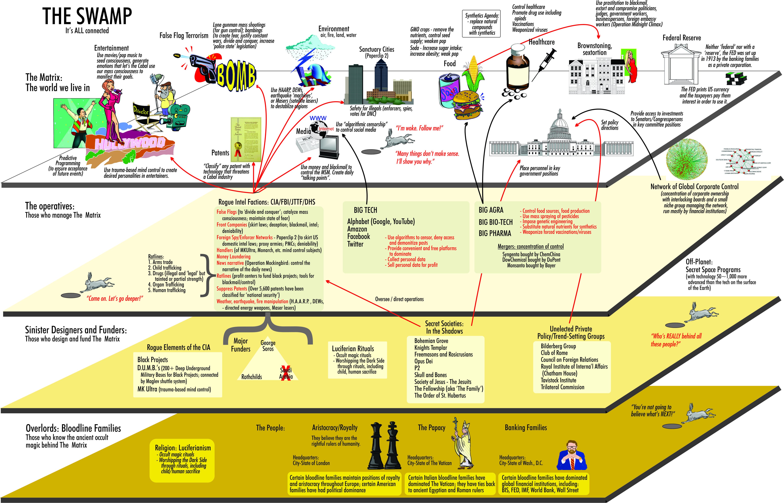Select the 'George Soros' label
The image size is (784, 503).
pyautogui.click(x=268, y=346)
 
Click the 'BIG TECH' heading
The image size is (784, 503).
pyautogui.click(x=365, y=210)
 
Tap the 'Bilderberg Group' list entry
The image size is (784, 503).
pyautogui.click(x=558, y=346)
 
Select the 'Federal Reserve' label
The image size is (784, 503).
pyautogui.click(x=682, y=38)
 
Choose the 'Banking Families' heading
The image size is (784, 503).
pyautogui.click(x=526, y=428)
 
